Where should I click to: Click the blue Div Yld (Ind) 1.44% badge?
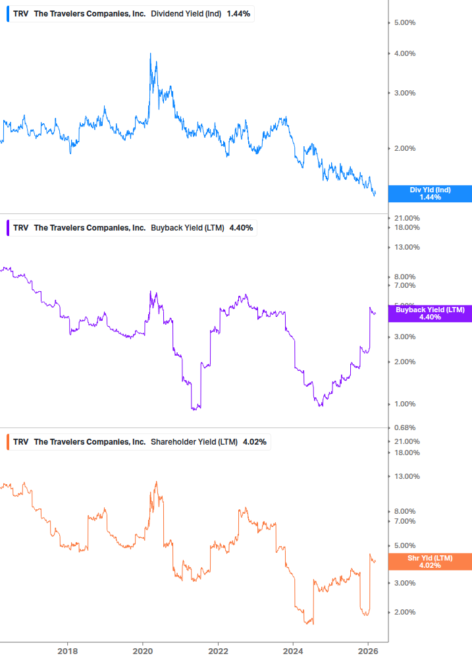430,194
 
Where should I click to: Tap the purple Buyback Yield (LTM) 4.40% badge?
430,313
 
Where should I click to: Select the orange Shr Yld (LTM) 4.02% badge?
430,561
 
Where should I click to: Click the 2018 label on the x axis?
67,651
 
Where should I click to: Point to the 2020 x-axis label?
143,651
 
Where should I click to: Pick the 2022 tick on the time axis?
219,651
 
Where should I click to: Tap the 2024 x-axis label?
294,651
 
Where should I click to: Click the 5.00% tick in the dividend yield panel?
404,22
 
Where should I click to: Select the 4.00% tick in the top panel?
404,53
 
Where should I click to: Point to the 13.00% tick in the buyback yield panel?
406,247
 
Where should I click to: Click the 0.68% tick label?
404,428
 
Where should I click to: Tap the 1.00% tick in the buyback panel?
404,404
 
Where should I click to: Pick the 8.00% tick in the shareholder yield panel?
404,511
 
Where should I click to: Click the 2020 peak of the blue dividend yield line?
151,54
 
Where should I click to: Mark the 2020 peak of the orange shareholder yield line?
156,482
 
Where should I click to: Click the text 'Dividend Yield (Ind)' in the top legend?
186,14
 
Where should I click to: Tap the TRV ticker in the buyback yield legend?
20,228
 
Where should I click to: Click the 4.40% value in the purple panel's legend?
241,228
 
